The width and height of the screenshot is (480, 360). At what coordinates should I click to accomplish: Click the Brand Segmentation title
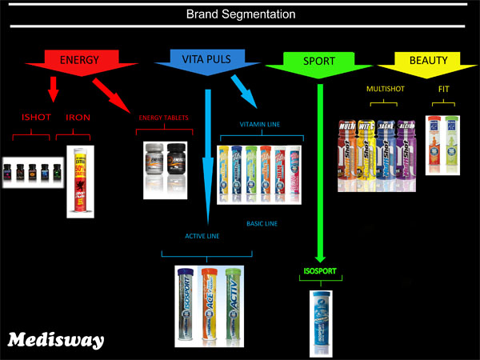240,14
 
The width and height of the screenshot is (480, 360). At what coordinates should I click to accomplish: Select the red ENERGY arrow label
79,59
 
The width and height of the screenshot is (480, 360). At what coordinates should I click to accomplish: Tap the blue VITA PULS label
202,59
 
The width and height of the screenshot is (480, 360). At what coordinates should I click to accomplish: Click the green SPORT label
319,61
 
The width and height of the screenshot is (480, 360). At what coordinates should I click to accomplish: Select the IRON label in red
78,117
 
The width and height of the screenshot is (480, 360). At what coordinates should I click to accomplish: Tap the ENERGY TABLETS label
164,118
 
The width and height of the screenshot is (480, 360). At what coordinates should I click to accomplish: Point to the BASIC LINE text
262,224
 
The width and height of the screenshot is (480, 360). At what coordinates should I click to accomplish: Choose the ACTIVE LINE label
202,236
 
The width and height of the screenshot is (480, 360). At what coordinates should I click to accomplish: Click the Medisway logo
55,340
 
